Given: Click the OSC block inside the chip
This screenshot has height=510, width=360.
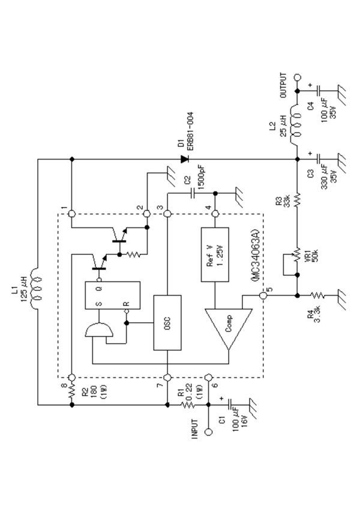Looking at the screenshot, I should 167,322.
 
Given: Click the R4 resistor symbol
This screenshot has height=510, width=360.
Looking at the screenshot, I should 316,295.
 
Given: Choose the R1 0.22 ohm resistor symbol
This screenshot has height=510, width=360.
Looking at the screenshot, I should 188,405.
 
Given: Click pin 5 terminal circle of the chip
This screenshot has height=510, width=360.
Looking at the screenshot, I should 263,295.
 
